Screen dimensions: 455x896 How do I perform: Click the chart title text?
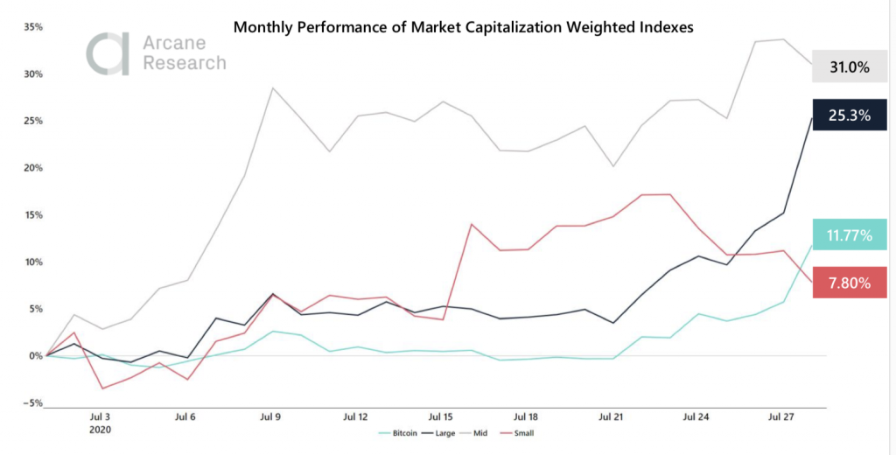463,27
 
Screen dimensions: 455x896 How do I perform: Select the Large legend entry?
440,432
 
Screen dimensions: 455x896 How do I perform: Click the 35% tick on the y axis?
32,27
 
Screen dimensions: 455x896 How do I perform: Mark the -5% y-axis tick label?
32,402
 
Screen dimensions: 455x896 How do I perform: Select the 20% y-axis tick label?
32,168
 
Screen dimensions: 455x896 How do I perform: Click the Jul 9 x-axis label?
270,417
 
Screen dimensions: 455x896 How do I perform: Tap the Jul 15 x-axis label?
441,417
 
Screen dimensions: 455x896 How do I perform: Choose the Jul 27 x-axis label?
780,417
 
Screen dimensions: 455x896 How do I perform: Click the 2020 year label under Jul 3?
100,430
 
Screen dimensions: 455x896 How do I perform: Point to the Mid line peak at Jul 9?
272,87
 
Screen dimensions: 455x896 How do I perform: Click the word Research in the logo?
185,63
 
